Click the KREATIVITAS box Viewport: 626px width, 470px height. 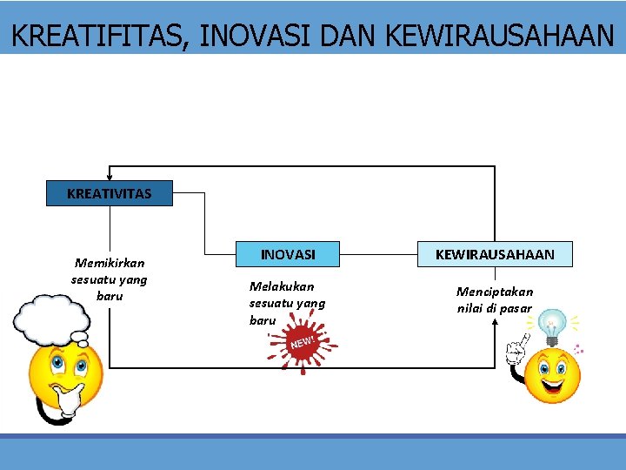click(109, 193)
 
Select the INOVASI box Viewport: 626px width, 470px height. click(288, 254)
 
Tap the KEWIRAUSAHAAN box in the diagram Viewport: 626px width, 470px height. click(495, 254)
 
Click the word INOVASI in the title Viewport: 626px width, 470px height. click(256, 36)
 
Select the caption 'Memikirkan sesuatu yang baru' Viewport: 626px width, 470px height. click(110, 279)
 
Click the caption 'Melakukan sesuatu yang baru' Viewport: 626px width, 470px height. click(287, 303)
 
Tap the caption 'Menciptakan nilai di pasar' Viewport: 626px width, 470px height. click(495, 299)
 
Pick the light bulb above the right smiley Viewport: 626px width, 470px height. click(551, 327)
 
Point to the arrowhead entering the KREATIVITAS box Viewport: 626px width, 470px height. click(109, 177)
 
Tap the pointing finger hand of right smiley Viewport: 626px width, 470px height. click(516, 350)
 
